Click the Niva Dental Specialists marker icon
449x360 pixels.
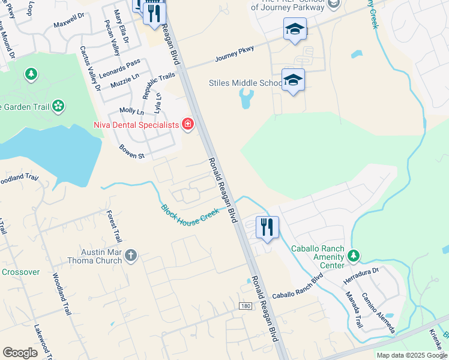pos(188,125)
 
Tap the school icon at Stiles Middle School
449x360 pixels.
pos(293,80)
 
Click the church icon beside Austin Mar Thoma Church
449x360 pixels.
pos(131,257)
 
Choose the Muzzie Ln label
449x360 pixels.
pos(127,77)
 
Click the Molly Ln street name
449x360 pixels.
pos(131,111)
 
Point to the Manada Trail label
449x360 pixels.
pos(354,310)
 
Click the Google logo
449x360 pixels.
pos(20,353)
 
